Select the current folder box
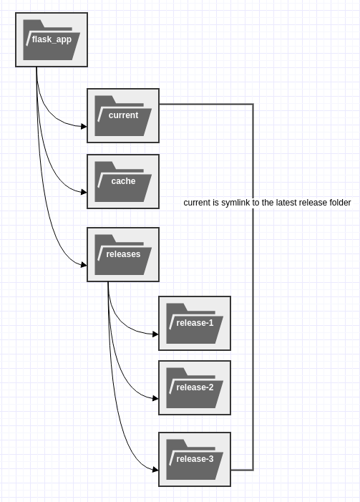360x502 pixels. tap(123, 115)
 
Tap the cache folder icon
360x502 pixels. tap(123, 181)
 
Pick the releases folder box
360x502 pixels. tap(123, 254)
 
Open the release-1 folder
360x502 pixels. tap(195, 323)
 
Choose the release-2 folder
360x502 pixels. tap(195, 387)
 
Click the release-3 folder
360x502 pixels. tap(195, 459)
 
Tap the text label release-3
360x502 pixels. tap(195, 459)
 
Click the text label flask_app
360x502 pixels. tap(52, 39)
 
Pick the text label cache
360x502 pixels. tap(123, 181)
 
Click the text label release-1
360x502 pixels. tap(195, 323)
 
